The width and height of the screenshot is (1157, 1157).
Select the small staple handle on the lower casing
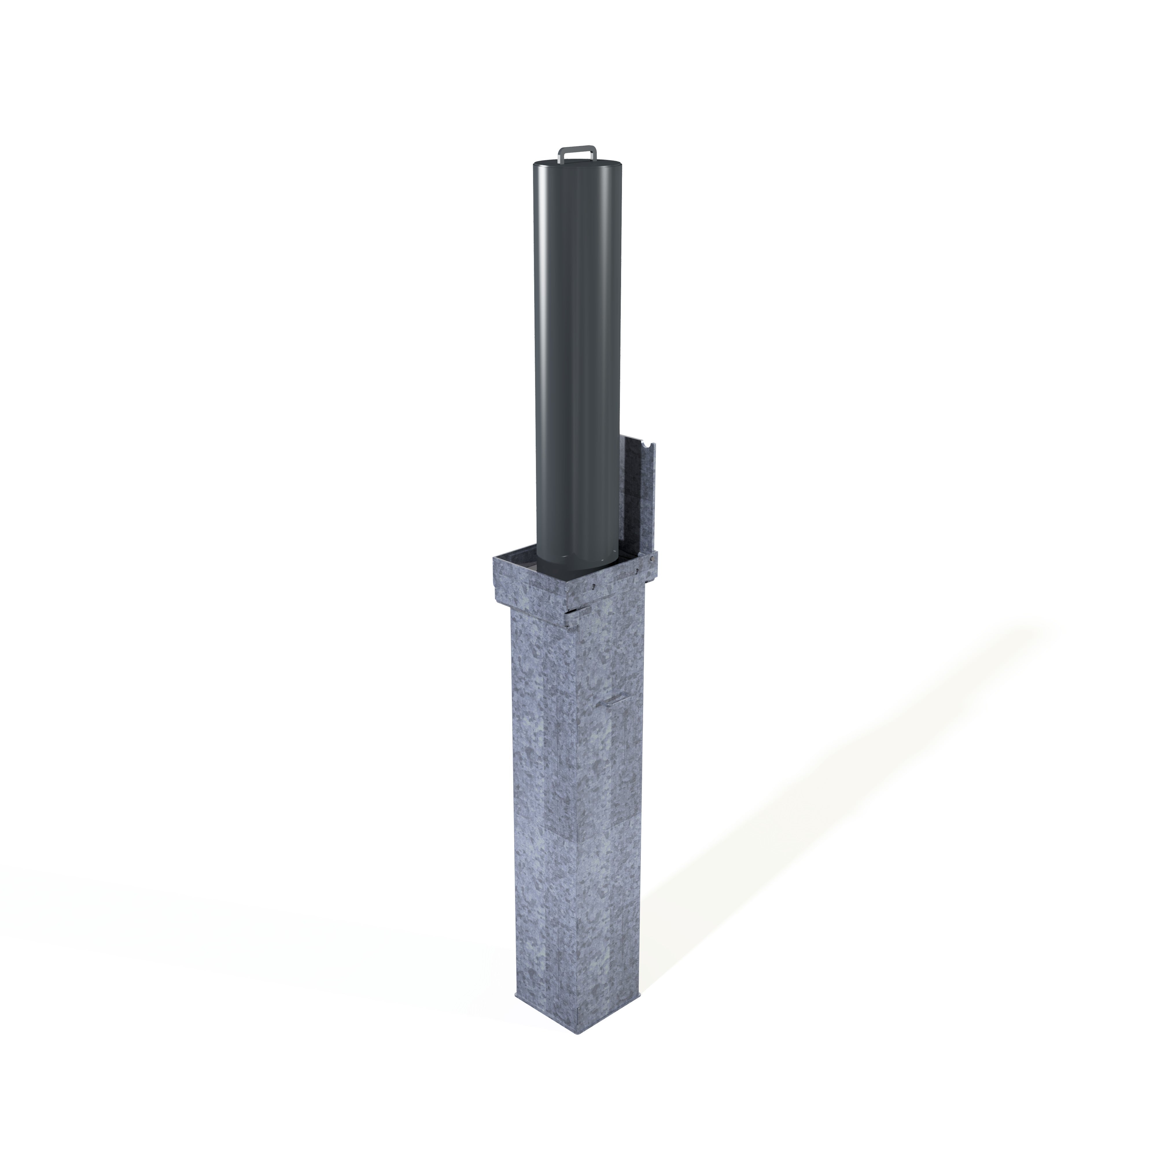pyautogui.click(x=614, y=701)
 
